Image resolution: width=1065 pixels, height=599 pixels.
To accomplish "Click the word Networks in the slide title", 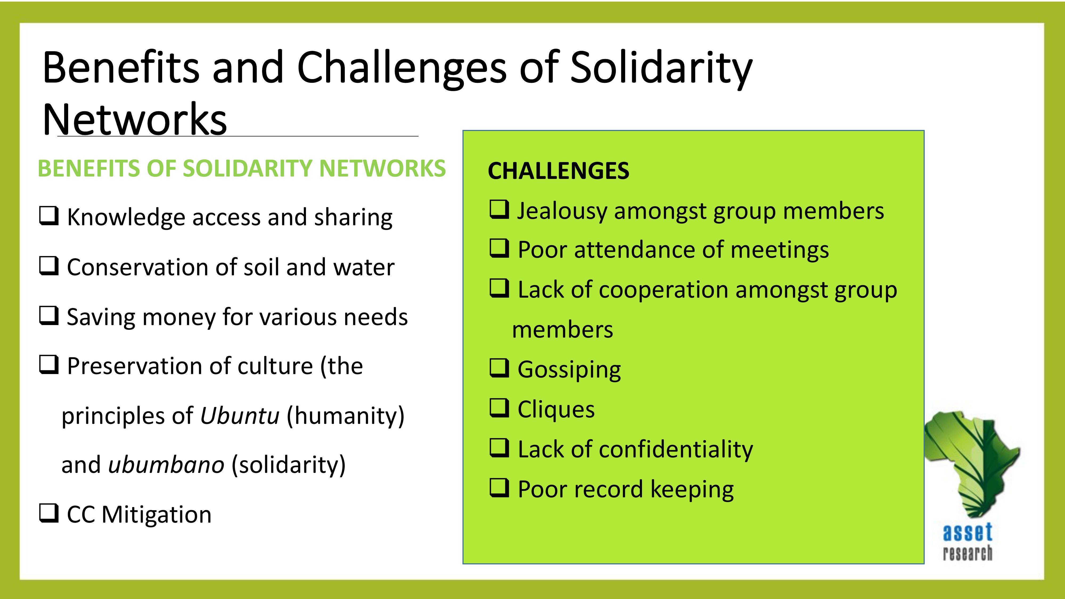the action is (135, 120).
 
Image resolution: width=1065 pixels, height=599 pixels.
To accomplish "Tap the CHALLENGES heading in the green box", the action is (559, 171).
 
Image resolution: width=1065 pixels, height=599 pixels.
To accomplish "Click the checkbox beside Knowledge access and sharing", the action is (48, 216).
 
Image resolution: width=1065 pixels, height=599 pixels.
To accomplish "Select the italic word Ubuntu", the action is (240, 416).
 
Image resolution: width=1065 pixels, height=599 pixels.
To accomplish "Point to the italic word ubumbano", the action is (166, 464).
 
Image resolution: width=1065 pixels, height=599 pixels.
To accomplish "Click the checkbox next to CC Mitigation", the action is (48, 513).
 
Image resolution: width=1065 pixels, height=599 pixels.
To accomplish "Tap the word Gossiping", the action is (569, 370).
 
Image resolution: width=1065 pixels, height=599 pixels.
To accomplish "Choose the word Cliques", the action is (556, 409).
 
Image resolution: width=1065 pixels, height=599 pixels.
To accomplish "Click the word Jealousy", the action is (562, 211).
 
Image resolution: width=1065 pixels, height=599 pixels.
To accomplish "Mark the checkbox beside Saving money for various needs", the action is (48, 315).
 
